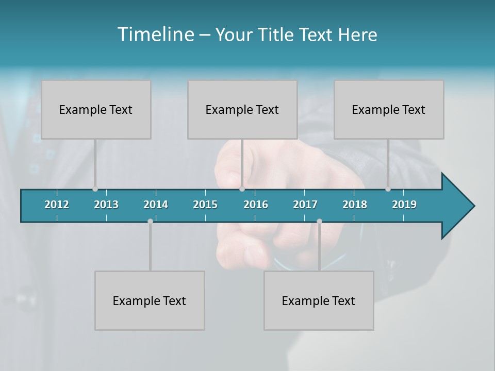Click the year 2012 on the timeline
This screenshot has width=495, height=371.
coord(57,205)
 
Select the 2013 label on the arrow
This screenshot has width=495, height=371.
coord(106,205)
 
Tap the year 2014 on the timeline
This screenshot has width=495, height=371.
coord(156,205)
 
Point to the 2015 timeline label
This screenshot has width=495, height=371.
coord(205,205)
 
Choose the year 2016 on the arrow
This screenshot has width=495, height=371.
coord(256,205)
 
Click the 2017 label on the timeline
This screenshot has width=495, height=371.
coord(305,205)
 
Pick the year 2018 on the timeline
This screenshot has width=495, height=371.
coord(355,205)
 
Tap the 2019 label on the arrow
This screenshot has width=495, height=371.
coord(404,205)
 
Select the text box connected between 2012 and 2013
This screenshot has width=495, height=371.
coord(96,109)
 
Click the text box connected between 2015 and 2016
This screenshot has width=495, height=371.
coord(242,109)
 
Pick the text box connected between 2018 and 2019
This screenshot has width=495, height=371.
coord(389,109)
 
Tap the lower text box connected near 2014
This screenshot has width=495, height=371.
coord(150,300)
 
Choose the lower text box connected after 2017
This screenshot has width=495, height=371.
coord(319,300)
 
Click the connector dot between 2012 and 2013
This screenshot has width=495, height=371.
coord(95,189)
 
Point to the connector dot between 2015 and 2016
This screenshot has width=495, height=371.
coord(242,189)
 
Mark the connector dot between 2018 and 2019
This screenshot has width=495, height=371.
coord(388,189)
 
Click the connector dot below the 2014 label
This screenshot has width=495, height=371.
coord(150,221)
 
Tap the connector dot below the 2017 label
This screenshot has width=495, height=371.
coord(319,221)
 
